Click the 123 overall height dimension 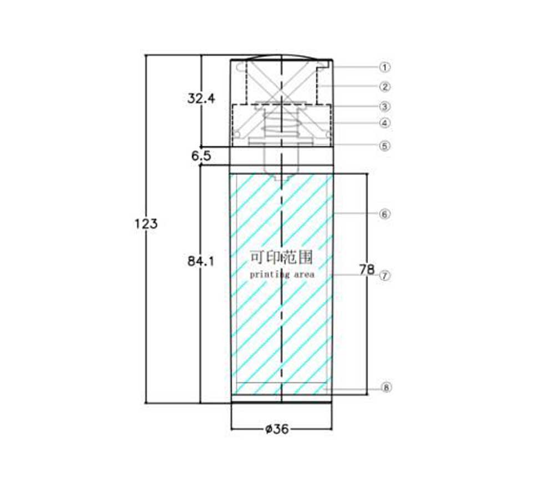click(146, 224)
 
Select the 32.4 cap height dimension click(201, 98)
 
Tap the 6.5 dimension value click(201, 156)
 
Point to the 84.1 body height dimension click(201, 262)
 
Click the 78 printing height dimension click(367, 269)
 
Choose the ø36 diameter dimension click(277, 429)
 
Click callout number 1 click(385, 67)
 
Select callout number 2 click(385, 87)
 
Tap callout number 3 click(385, 107)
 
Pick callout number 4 click(385, 123)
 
